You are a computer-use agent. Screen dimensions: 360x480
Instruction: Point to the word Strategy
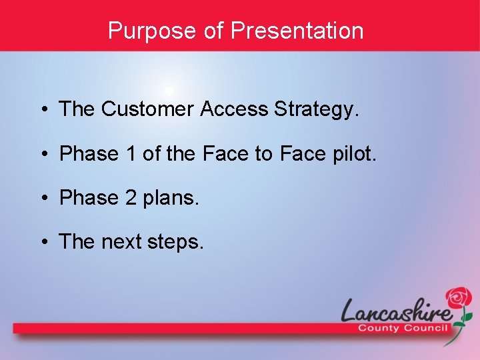[316, 110]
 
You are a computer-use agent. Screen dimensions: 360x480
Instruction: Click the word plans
[171, 199]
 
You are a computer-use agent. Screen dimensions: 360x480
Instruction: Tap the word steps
[177, 243]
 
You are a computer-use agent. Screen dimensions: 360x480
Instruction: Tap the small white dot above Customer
[169, 91]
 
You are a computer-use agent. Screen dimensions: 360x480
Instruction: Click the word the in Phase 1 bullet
[180, 154]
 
